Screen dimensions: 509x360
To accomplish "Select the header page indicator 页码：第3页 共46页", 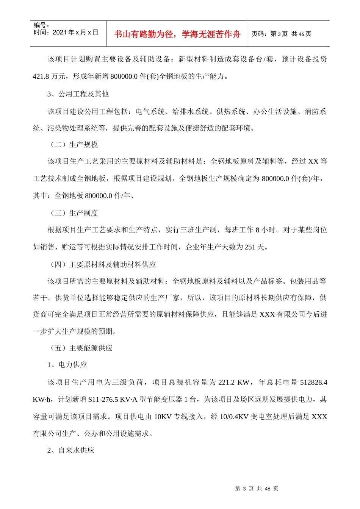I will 281,34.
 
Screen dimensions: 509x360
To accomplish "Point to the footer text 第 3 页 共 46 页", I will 257,489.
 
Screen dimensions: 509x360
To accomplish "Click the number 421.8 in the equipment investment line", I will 41,77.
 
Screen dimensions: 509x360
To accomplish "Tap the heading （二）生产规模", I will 74,145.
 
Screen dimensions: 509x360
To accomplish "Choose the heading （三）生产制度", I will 74,213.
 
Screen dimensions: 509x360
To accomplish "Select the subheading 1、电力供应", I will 67,365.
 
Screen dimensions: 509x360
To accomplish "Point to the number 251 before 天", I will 250,247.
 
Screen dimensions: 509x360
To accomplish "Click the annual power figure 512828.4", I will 313,383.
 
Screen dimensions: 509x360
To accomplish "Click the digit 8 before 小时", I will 258,230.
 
